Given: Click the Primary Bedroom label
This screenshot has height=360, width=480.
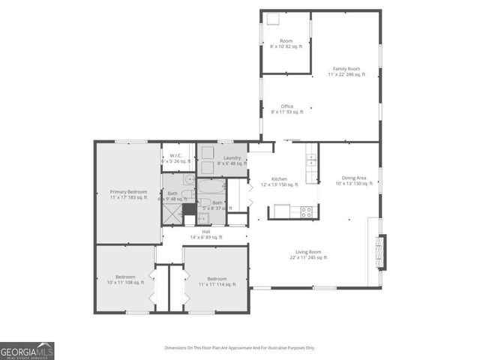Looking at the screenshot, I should tap(127, 194).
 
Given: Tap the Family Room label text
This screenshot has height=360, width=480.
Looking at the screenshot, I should tap(346, 72).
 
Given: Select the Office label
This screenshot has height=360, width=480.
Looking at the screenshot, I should tap(287, 109).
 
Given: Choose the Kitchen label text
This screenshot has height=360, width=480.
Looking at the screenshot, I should tap(279, 181).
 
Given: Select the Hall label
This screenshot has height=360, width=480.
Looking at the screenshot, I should tap(205, 235).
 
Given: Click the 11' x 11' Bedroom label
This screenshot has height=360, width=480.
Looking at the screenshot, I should tap(217, 282).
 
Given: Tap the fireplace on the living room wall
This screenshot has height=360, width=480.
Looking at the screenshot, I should tap(382, 252).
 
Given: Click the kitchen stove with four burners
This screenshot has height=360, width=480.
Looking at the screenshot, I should tap(307, 212).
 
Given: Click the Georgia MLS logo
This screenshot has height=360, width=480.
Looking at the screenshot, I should tap(27, 351).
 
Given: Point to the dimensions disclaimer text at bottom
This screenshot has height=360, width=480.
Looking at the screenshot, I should tap(240, 348).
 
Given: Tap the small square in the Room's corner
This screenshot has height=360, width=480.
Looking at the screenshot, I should tap(272, 20).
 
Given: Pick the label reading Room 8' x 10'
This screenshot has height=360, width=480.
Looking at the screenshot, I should tap(286, 43).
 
